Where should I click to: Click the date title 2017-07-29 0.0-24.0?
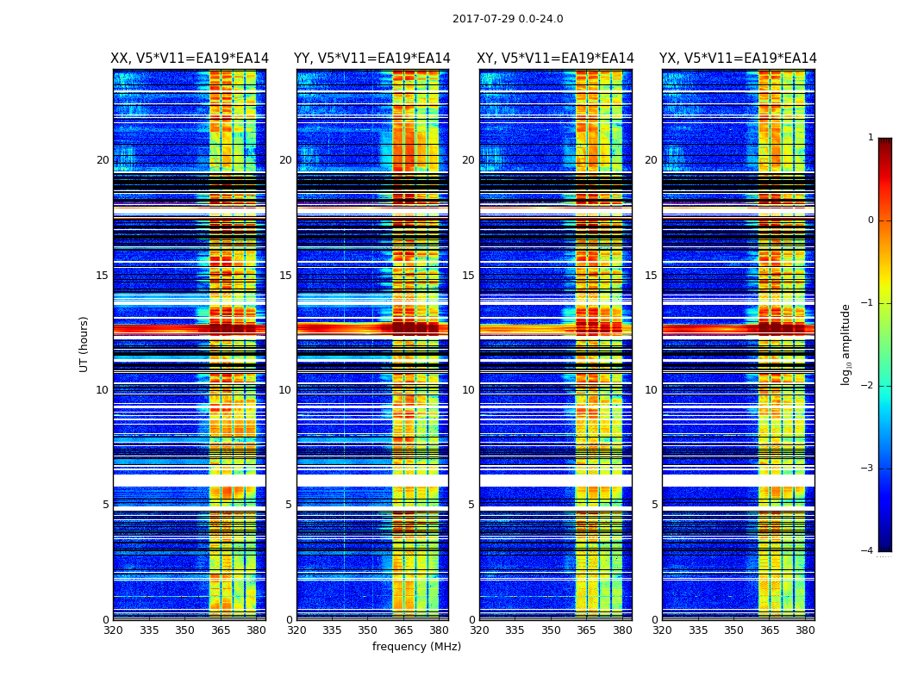click(508, 19)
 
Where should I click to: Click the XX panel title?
click(190, 59)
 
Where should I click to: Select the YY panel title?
click(372, 59)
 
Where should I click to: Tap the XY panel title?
click(555, 59)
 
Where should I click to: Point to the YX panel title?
click(738, 59)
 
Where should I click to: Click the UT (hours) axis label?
click(84, 344)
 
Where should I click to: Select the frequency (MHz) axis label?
click(416, 647)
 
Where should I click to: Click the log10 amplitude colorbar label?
click(846, 344)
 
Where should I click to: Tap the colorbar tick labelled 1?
click(871, 138)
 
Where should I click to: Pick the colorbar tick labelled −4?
click(868, 551)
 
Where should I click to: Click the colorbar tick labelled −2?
click(868, 386)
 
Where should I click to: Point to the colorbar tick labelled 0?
click(871, 220)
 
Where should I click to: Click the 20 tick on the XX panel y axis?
click(103, 160)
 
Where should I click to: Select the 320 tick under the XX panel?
click(113, 630)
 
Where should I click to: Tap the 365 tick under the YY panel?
click(403, 630)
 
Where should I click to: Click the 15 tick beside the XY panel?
click(468, 276)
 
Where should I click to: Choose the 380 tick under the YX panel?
click(805, 630)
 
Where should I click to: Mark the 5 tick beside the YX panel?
click(654, 505)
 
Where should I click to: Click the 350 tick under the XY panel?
click(551, 630)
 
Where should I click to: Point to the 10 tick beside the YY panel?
click(285, 390)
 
